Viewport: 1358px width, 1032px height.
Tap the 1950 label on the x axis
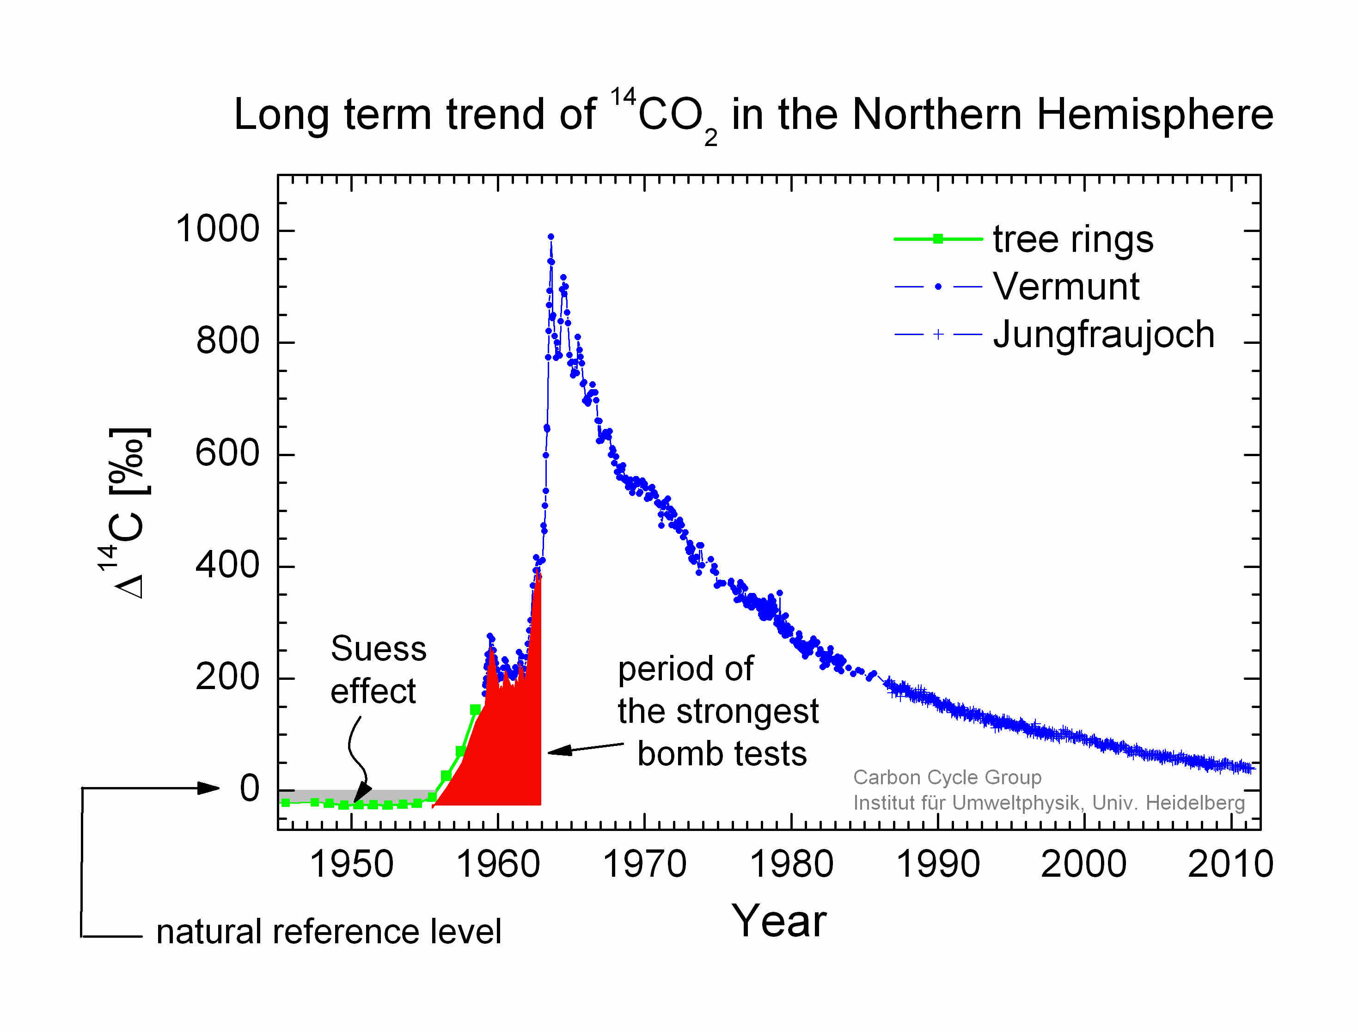coord(351,864)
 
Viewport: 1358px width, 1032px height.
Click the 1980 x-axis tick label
coord(791,864)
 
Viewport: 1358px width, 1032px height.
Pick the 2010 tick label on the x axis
coord(1230,864)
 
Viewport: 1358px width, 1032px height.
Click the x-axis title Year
coord(779,922)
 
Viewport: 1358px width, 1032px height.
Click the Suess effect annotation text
coord(378,670)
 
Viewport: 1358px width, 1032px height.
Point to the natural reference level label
coord(329,932)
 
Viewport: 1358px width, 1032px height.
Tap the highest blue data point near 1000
coord(551,237)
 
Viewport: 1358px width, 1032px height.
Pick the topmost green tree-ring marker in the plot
coord(475,709)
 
